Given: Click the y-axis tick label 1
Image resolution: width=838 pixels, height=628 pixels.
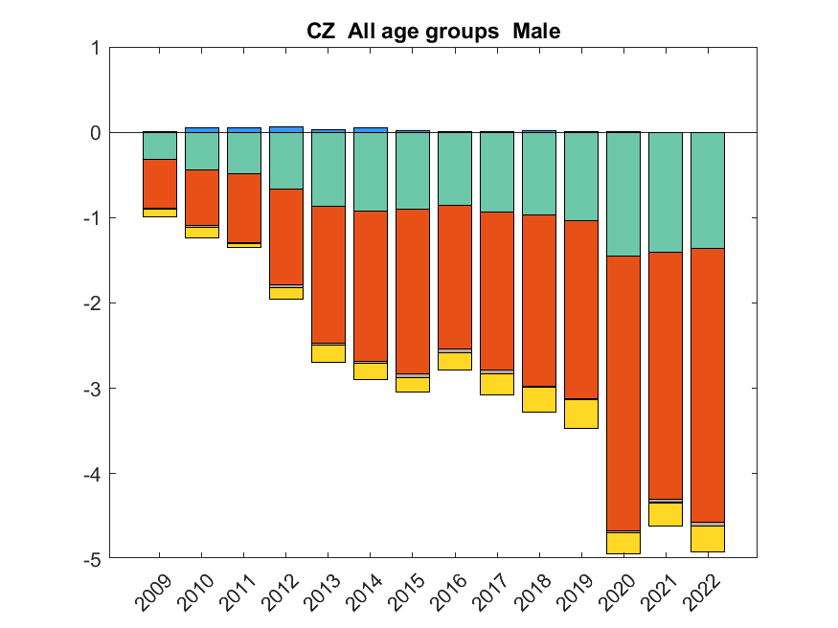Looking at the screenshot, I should pyautogui.click(x=94, y=48).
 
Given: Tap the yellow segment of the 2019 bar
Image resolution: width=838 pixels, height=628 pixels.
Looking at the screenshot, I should pyautogui.click(x=581, y=414).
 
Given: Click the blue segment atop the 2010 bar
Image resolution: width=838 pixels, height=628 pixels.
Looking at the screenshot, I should pyautogui.click(x=202, y=129).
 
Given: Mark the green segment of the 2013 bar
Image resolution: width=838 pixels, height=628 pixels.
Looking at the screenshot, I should pyautogui.click(x=328, y=168).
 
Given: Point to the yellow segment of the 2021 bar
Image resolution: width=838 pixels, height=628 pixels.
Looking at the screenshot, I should pyautogui.click(x=666, y=514).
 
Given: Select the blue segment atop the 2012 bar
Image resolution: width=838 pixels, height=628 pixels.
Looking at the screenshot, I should pyautogui.click(x=286, y=129).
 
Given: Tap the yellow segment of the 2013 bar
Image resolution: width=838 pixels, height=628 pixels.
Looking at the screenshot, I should pyautogui.click(x=328, y=353).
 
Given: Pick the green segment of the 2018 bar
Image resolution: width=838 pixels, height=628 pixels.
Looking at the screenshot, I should pyautogui.click(x=539, y=173).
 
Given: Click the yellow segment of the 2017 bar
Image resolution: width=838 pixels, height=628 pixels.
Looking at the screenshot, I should pyautogui.click(x=497, y=384).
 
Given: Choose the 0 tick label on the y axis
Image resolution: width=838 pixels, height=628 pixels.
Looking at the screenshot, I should pyautogui.click(x=94, y=133).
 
